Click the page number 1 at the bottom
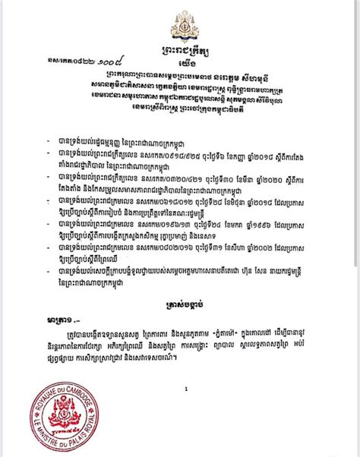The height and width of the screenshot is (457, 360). tap(184, 387)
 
